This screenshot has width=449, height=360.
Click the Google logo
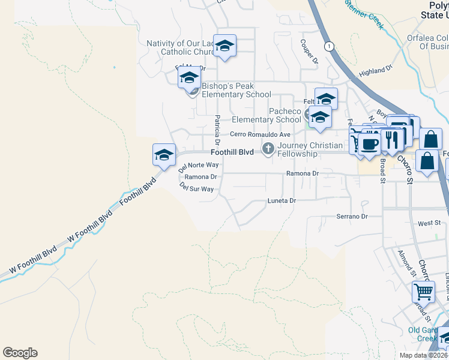[x=20, y=353]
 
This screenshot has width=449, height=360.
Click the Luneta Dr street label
[x=282, y=201]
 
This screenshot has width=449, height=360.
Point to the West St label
[x=429, y=223]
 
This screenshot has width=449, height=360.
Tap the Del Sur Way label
[x=196, y=188]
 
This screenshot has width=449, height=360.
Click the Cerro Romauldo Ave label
[x=260, y=134]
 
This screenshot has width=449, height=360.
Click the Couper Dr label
[x=309, y=52]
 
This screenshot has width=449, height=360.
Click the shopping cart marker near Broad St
[x=423, y=292]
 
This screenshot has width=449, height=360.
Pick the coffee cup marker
[x=370, y=145]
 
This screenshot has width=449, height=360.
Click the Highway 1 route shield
[x=328, y=46]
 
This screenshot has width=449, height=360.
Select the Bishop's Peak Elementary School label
[x=236, y=91]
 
